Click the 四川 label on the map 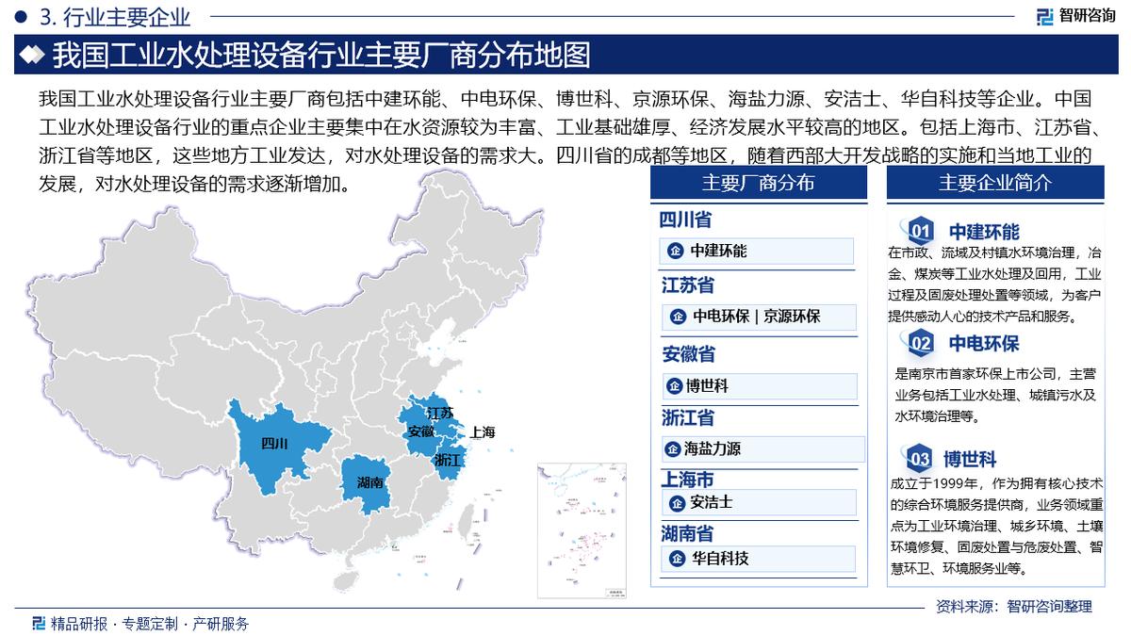[274, 443]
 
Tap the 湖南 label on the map [370, 482]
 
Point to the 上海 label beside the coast [482, 432]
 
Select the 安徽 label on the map [420, 431]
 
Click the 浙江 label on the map [448, 461]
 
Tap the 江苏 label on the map [440, 413]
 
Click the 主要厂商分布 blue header [758, 183]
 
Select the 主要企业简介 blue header [994, 183]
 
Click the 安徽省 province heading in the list [689, 354]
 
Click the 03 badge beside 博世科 [919, 460]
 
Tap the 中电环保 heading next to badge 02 [984, 343]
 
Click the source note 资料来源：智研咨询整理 [1013, 607]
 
